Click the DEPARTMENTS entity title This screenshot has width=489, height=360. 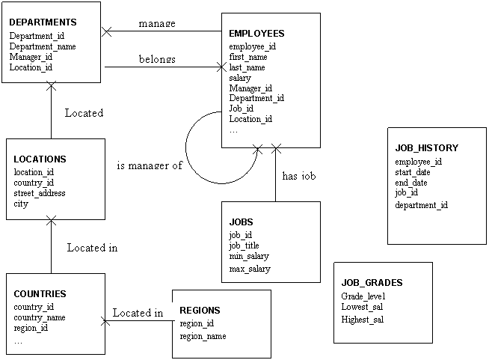tap(43, 22)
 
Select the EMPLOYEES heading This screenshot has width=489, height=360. tap(256, 34)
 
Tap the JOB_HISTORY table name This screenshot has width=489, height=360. tap(426, 148)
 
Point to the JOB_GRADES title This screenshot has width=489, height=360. tap(372, 283)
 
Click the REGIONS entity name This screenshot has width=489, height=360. tap(200, 310)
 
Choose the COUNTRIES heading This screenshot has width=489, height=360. tap(40, 294)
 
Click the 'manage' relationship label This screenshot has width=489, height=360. tap(157, 23)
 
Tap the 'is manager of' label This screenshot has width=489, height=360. tap(150, 165)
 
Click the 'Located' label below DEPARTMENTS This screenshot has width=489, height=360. tap(84, 113)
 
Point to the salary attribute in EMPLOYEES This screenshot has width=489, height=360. tap(240, 78)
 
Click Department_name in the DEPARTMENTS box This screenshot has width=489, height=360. tap(43, 46)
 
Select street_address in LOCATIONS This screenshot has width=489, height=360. tap(40, 193)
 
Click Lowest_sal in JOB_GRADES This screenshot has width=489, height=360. tap(362, 307)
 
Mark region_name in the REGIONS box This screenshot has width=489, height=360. tap(203, 336)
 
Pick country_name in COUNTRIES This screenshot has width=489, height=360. tap(40, 317)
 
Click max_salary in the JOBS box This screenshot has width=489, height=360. tap(250, 269)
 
